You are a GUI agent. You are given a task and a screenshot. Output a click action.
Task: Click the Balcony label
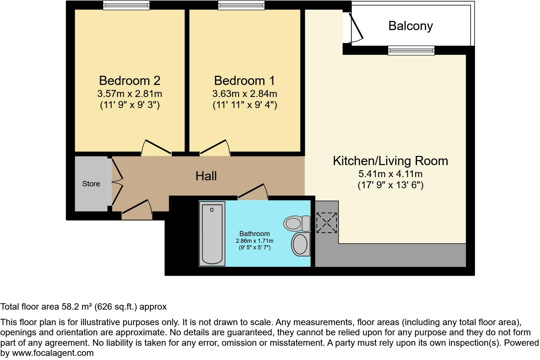(x=410, y=26)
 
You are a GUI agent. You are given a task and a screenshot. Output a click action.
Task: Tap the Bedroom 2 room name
(x=130, y=80)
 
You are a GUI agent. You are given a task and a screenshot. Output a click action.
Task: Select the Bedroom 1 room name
(x=244, y=80)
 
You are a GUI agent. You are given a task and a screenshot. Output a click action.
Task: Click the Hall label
(x=206, y=176)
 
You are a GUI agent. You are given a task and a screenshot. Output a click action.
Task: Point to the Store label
(x=91, y=184)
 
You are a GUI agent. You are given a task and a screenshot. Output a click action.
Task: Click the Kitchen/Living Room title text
(x=390, y=161)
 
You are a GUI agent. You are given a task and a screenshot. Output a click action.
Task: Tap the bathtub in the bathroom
(x=212, y=234)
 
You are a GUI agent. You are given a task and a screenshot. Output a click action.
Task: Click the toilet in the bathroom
(x=296, y=223)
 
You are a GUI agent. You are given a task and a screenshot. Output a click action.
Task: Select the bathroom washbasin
(x=300, y=244)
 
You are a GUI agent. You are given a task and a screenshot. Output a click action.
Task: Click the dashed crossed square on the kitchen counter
(x=327, y=223)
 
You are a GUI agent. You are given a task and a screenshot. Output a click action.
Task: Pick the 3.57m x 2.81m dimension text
(x=130, y=94)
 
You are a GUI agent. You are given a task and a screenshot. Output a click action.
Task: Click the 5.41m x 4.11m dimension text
(x=390, y=174)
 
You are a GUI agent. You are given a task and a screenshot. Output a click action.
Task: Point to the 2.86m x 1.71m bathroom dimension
(x=254, y=241)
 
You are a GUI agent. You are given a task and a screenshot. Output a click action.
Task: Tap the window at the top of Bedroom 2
(x=126, y=5)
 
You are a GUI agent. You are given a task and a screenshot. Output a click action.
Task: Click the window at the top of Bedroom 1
(x=241, y=5)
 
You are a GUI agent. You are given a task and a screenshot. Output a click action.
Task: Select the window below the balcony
(x=411, y=50)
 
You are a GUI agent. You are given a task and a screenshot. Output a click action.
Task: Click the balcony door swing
(x=356, y=27)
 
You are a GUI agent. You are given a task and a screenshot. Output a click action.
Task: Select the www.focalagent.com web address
(x=53, y=353)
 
